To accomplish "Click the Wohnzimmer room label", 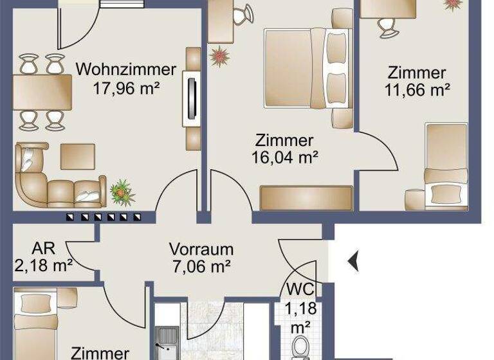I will tap(126, 69).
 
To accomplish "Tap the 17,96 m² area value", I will tap(126, 89).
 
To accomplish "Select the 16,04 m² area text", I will tap(284, 156).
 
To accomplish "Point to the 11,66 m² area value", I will tap(417, 90).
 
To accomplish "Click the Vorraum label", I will tap(201, 249).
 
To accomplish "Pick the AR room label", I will tap(44, 248).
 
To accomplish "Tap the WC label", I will tap(300, 288).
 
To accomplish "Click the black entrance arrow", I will tap(353, 262).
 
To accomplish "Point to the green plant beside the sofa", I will tap(122, 191).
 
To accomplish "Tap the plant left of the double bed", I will tap(219, 56).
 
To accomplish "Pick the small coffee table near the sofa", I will tap(78, 156).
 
